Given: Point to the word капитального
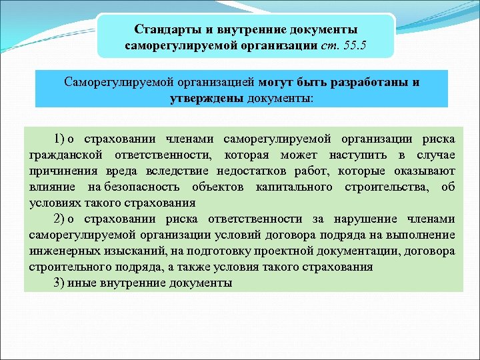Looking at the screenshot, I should (x=294, y=187).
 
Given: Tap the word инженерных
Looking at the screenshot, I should (x=62, y=251).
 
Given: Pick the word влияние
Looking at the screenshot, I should (x=53, y=187).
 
